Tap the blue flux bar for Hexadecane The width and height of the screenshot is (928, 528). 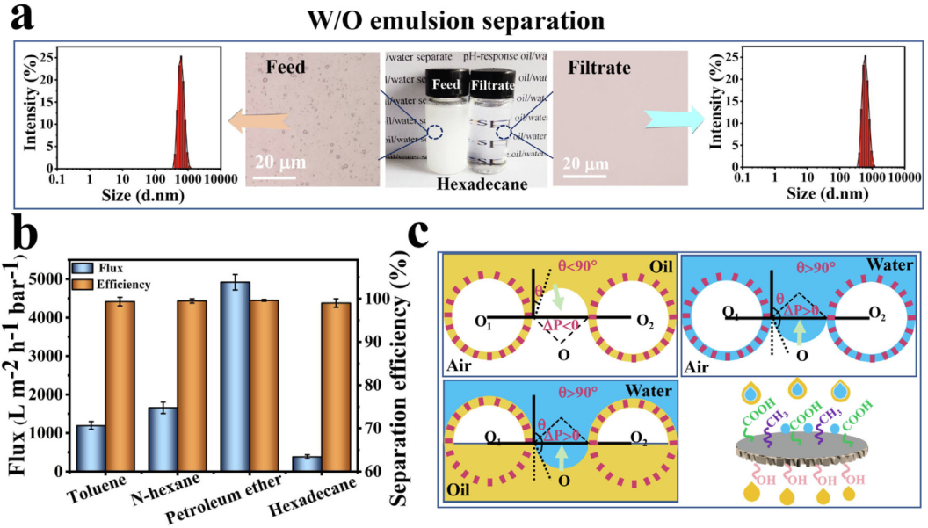tap(306, 463)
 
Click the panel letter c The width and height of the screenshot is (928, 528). tap(423, 236)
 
